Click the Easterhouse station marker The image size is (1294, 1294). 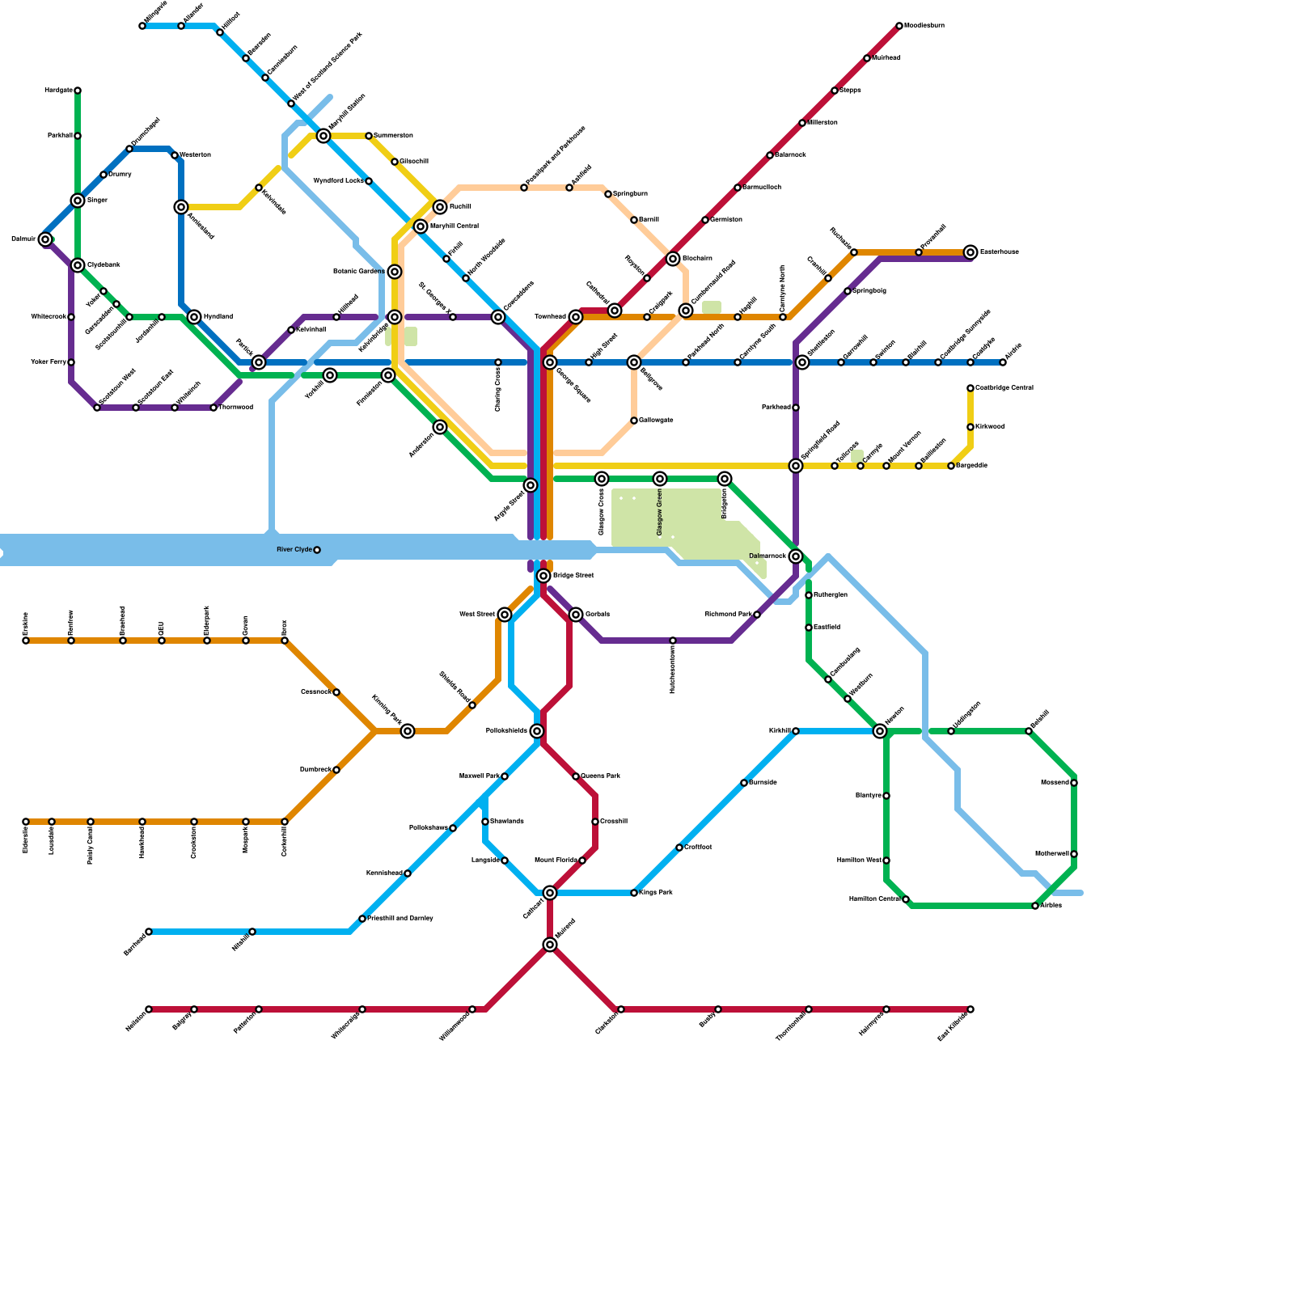pyautogui.click(x=970, y=252)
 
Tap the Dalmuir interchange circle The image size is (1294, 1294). pyautogui.click(x=45, y=239)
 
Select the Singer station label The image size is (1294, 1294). pyautogui.click(x=97, y=201)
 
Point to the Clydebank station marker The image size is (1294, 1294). pyautogui.click(x=78, y=265)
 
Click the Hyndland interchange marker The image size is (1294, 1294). pyautogui.click(x=194, y=317)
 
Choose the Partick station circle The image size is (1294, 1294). pyautogui.click(x=259, y=362)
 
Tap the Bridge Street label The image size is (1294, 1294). pyautogui.click(x=573, y=576)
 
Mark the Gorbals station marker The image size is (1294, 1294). pyautogui.click(x=576, y=615)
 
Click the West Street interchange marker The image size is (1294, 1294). pyautogui.click(x=505, y=615)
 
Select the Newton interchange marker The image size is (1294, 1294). pyautogui.click(x=880, y=731)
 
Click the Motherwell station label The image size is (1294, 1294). pyautogui.click(x=1052, y=854)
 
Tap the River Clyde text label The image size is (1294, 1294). pyautogui.click(x=294, y=550)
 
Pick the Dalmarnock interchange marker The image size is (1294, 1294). pyautogui.click(x=796, y=556)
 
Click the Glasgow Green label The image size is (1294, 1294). pyautogui.click(x=660, y=513)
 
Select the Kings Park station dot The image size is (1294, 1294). pyautogui.click(x=634, y=893)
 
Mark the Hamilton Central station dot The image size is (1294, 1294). pyautogui.click(x=906, y=899)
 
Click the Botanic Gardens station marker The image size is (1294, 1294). pyautogui.click(x=394, y=272)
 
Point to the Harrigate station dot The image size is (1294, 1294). pyautogui.click(x=78, y=91)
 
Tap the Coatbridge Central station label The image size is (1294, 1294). pyautogui.click(x=1004, y=388)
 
